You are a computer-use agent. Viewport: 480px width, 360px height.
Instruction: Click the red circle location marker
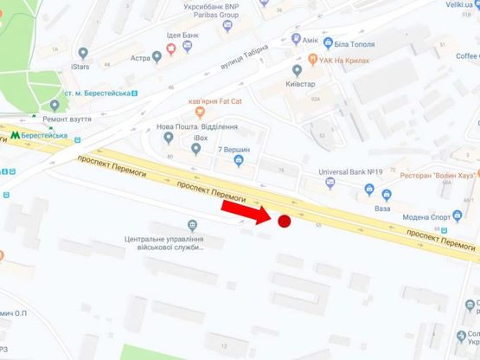[284, 222]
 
